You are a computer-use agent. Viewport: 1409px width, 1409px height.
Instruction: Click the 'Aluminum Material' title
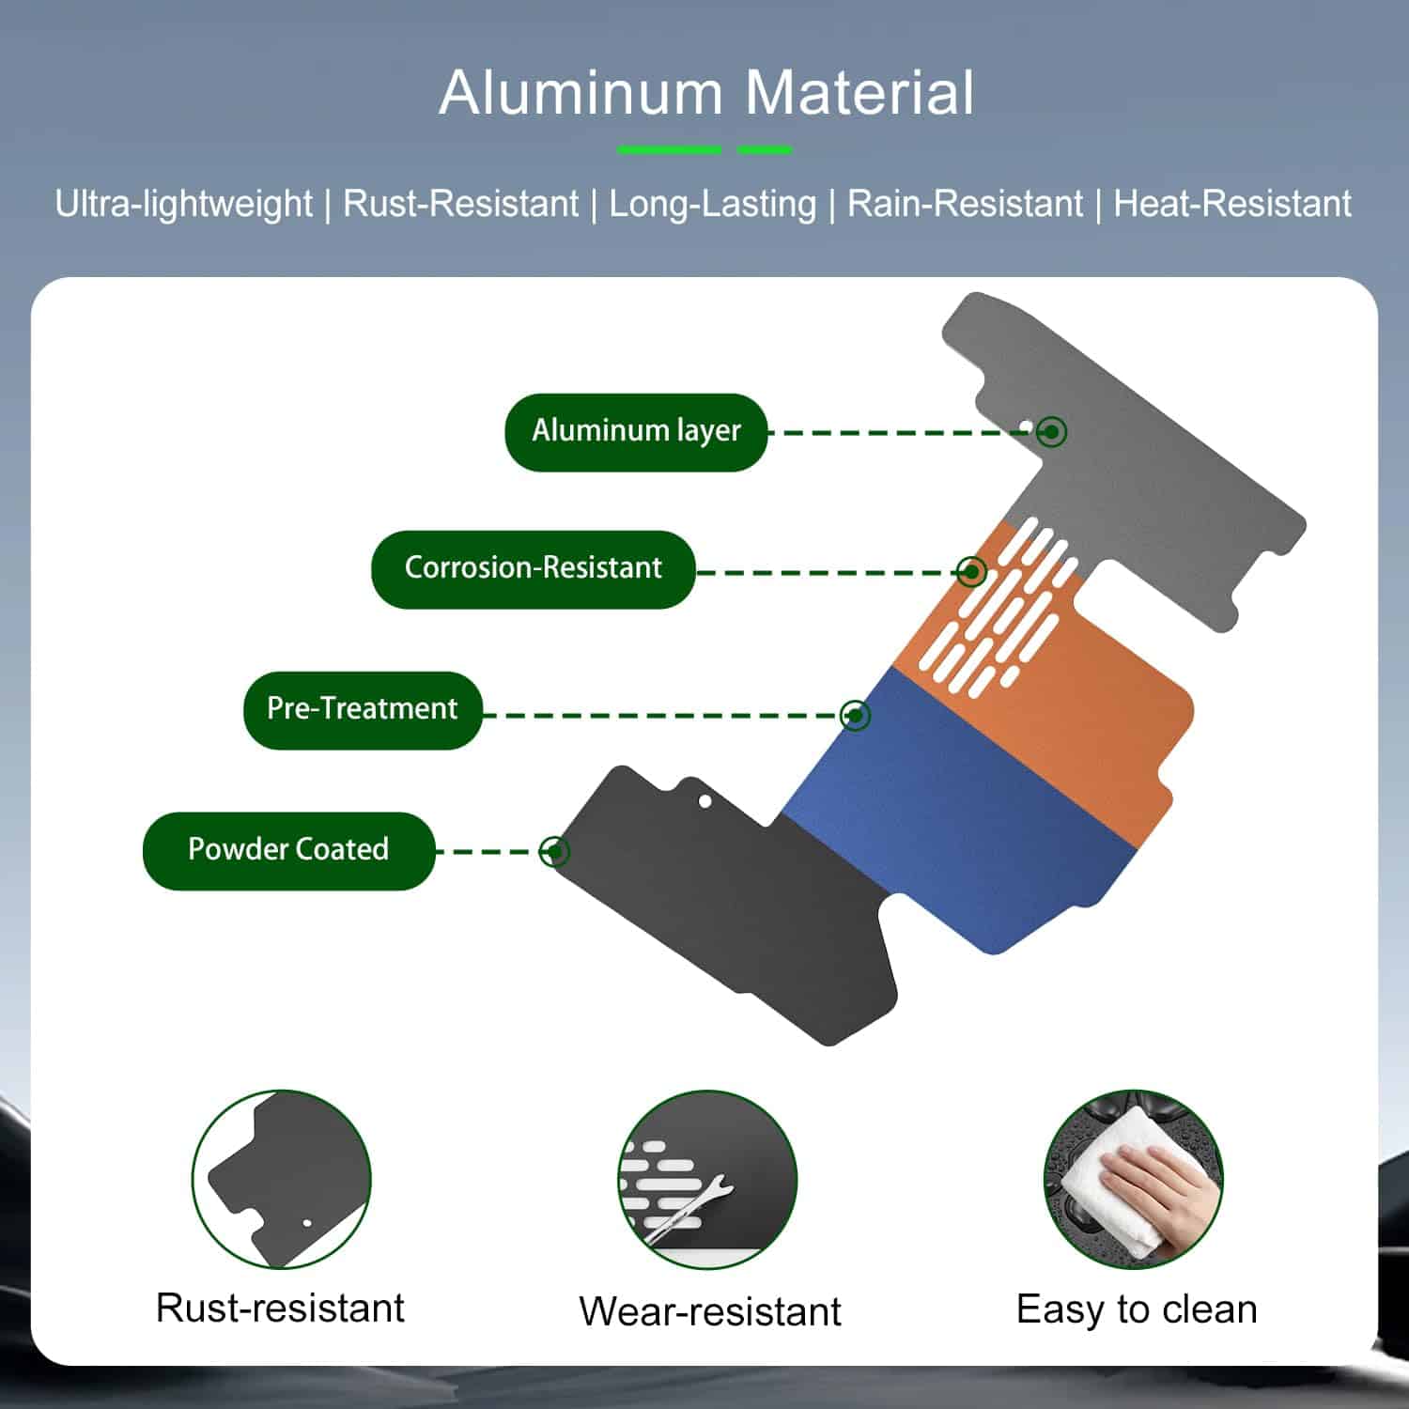[x=706, y=93]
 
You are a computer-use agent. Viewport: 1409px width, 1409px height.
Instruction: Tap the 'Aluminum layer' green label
[x=636, y=431]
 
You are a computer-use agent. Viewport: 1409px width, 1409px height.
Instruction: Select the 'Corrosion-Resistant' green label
[x=533, y=568]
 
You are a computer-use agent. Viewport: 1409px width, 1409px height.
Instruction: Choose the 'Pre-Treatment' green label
[x=362, y=709]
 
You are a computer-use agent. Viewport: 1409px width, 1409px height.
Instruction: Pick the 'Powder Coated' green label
[x=288, y=850]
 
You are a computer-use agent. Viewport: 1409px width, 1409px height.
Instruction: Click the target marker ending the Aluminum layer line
[x=1053, y=432]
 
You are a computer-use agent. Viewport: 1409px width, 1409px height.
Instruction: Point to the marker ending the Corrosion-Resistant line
[x=971, y=571]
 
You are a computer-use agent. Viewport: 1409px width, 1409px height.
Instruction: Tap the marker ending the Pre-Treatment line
[x=855, y=715]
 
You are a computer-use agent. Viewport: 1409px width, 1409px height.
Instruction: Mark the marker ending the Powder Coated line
[x=554, y=851]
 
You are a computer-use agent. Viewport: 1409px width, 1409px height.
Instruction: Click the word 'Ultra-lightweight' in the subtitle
[x=183, y=204]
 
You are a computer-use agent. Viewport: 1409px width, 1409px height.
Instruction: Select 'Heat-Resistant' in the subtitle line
[x=1231, y=204]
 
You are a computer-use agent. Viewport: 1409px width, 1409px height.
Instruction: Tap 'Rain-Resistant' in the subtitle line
[x=965, y=204]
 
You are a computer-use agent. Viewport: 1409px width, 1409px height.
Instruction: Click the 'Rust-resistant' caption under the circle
[x=280, y=1308]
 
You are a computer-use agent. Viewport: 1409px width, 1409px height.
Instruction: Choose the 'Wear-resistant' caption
[x=710, y=1311]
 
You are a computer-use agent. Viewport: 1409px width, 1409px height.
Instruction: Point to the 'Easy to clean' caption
[x=1137, y=1309]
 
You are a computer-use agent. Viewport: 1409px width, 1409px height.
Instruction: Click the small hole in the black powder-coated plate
[x=704, y=801]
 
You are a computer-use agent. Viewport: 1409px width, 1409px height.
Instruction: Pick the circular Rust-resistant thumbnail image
[x=282, y=1179]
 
